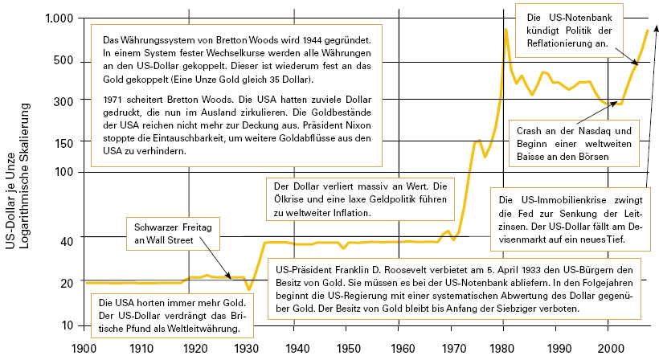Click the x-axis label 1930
point(245,348)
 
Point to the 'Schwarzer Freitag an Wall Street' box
point(170,234)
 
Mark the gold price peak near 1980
point(506,30)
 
